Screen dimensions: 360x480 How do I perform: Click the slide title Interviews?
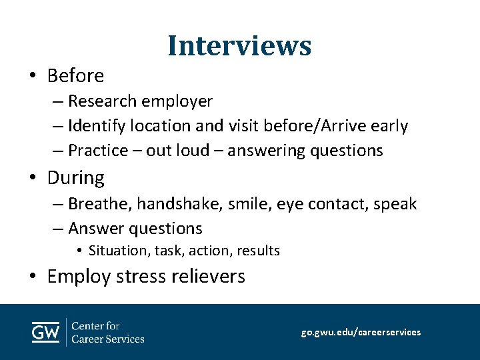239,45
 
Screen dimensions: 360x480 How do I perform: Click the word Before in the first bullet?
75,76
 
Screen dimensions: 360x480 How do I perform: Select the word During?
76,178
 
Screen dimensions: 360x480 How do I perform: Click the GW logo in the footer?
45,332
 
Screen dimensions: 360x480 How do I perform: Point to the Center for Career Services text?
107,332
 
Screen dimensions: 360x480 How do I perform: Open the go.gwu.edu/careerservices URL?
361,332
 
